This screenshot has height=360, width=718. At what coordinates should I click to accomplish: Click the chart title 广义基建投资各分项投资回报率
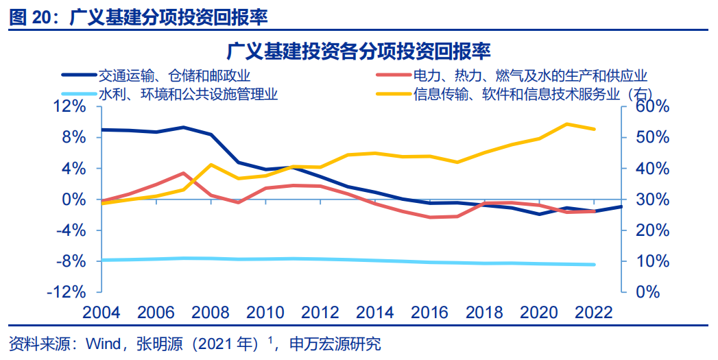tap(359, 51)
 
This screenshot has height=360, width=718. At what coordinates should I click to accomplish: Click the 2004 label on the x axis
tap(101, 313)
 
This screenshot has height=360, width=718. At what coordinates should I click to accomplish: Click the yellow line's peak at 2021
tap(567, 124)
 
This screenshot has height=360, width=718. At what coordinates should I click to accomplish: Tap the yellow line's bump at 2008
tap(210, 165)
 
